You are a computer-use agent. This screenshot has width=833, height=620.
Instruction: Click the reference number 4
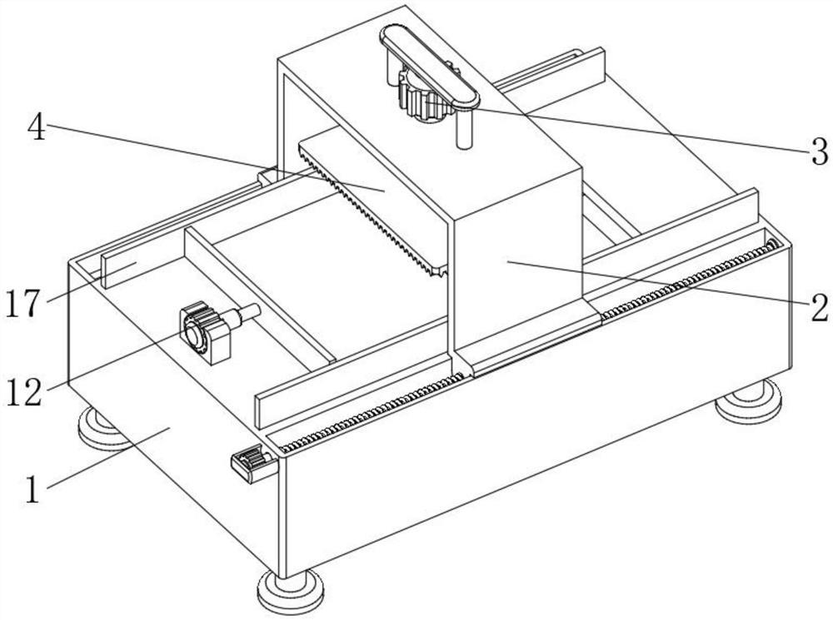(37, 128)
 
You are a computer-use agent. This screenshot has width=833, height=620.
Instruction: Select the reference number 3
(819, 151)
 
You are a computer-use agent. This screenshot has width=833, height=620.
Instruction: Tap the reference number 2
(819, 307)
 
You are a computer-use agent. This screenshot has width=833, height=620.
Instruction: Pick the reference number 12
(24, 393)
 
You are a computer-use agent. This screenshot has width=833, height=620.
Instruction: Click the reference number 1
(33, 489)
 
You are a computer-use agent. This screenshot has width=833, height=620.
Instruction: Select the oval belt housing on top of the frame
(429, 66)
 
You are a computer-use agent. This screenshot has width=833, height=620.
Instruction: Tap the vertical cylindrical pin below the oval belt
(464, 128)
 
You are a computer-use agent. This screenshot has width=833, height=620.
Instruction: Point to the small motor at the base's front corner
(253, 463)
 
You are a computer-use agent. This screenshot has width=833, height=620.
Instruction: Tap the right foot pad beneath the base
(749, 399)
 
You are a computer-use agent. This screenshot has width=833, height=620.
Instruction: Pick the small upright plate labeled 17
(120, 268)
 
